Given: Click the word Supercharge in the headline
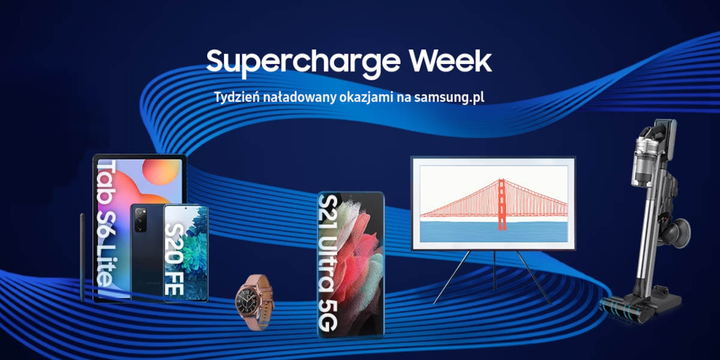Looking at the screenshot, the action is point(303,62).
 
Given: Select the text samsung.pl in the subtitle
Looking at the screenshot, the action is point(449,98).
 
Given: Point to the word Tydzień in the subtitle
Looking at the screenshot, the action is point(236,97).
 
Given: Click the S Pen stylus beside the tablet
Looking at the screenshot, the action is point(83,257).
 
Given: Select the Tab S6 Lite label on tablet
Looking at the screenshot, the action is point(107,223).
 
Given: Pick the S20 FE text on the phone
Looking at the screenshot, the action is point(175,259).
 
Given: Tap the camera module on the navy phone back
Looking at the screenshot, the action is point(141,220).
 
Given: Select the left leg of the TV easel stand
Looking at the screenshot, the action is point(451,277).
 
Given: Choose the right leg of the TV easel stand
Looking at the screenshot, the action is point(534,277).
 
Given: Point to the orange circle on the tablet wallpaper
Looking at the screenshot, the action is point(161,172).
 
